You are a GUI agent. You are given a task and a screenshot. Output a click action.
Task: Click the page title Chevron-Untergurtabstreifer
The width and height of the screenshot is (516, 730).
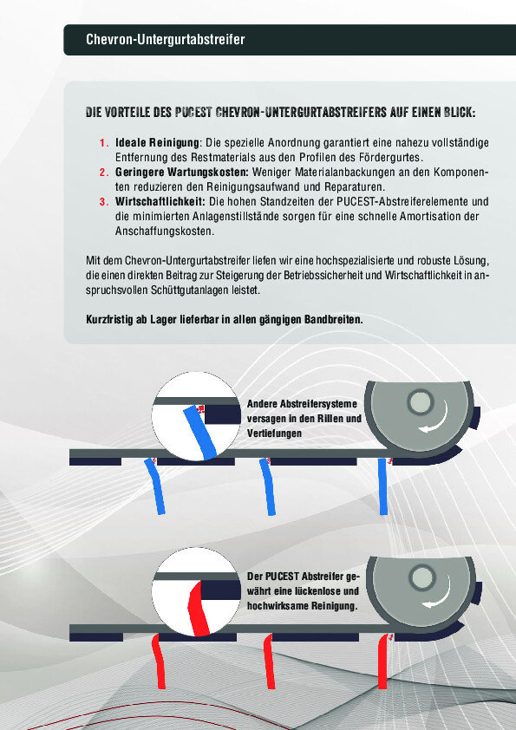(166, 40)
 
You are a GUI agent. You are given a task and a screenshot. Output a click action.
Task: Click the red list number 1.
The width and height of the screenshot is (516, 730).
(103, 142)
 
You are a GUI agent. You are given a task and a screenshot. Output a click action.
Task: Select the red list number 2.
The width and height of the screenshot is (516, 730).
(103, 173)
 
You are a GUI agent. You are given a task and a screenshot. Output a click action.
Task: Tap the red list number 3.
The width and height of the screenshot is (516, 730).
(103, 202)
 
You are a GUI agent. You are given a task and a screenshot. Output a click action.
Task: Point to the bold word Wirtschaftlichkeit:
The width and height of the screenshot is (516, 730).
(160, 202)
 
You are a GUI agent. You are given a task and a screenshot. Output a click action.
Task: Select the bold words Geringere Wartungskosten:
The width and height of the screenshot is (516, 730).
(182, 173)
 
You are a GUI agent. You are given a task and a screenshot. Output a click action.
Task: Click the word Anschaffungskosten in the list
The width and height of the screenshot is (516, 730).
(164, 231)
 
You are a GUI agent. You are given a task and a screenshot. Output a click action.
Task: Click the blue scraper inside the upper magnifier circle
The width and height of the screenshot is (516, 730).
(200, 431)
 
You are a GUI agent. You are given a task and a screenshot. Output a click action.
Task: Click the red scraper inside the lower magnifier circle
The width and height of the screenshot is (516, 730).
(199, 608)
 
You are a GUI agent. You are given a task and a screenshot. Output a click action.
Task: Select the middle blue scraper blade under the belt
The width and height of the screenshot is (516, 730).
(268, 486)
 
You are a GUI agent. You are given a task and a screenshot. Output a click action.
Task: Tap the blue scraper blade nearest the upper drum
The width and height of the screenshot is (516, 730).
(383, 486)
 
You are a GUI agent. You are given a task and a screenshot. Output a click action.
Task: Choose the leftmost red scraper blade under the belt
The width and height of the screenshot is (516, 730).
(159, 662)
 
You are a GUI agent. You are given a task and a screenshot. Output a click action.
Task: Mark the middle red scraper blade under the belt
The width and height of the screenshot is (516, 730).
(269, 662)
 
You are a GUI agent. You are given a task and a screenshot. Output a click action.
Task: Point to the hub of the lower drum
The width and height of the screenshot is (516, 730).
(422, 578)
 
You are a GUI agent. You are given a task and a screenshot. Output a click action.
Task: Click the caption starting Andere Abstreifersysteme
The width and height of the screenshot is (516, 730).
(304, 419)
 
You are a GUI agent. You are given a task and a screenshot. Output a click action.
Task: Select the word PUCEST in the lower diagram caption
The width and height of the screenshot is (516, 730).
(282, 577)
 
